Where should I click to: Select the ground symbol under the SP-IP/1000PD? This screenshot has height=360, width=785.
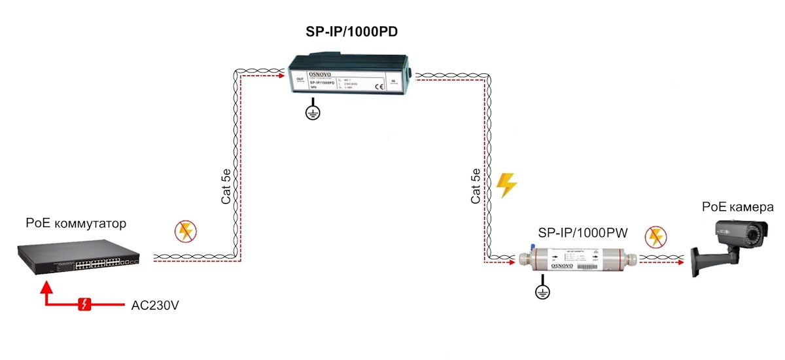313,112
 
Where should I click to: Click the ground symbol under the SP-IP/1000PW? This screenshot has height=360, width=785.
542,292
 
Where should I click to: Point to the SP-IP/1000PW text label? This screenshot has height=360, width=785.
582,232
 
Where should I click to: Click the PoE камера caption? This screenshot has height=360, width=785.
737,207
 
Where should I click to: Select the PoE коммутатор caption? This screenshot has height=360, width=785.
76,224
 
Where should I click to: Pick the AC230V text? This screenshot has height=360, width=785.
155,305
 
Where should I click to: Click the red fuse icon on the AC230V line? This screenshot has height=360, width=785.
84,304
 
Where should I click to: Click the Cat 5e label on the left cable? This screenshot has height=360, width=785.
226,187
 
